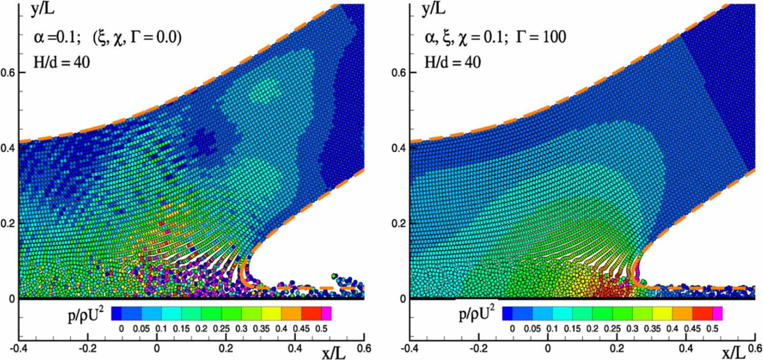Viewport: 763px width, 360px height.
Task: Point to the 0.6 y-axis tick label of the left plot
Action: click(9, 72)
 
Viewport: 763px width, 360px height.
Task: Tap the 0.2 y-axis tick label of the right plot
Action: click(400, 223)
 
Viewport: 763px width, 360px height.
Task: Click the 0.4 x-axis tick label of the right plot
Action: click(686, 349)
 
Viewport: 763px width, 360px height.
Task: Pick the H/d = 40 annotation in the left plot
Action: click(61, 62)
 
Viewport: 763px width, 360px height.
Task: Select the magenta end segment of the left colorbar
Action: click(326, 313)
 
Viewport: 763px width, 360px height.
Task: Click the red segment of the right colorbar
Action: click(702, 313)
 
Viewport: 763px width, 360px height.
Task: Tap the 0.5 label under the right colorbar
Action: click(712, 329)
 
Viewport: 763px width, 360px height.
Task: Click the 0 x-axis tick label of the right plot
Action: click(548, 349)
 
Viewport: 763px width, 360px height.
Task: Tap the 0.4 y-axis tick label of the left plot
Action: click(9, 148)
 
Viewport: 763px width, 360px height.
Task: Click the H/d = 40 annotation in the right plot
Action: click(452, 62)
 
